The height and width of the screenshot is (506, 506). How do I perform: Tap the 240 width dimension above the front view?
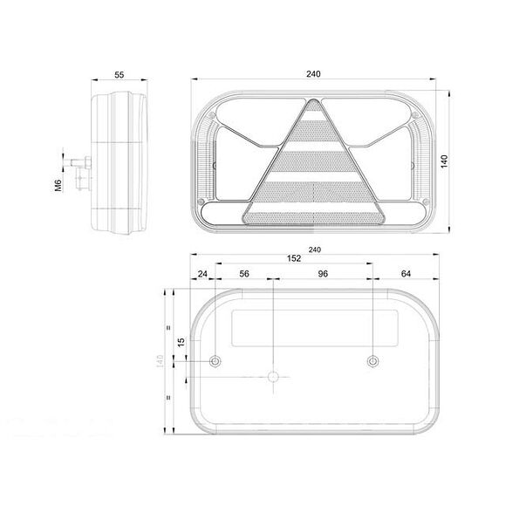click(314, 74)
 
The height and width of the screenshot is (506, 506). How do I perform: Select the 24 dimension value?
click(203, 273)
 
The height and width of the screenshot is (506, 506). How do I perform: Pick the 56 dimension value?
click(244, 273)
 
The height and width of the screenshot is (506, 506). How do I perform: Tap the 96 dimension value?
click(322, 273)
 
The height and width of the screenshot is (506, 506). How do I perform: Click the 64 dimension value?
click(405, 273)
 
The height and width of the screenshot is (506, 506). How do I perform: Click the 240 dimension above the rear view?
click(314, 250)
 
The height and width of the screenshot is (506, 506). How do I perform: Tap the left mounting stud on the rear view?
click(216, 361)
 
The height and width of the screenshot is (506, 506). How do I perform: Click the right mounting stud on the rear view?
click(373, 361)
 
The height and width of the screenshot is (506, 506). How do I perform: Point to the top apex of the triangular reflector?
click(313, 103)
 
